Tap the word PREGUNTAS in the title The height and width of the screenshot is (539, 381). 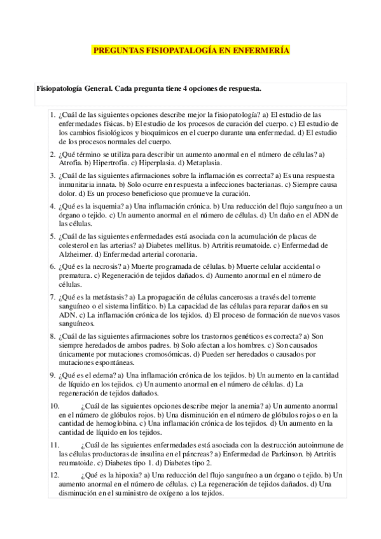(x=115, y=50)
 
